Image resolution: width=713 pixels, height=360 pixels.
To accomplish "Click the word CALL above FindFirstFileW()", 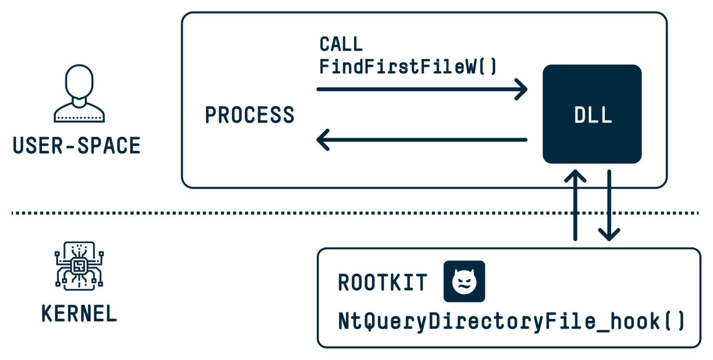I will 341,44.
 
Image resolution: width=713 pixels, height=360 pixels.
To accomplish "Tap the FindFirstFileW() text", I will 408,67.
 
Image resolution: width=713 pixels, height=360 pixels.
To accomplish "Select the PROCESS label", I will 250,115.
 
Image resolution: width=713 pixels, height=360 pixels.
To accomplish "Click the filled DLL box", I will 592,114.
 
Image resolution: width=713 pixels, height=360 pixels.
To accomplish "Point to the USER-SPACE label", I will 77,146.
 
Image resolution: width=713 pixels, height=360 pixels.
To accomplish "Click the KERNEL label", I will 79,314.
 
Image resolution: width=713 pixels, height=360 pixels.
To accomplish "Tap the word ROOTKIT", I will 382,283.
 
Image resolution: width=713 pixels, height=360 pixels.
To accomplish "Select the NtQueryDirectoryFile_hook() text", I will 510,321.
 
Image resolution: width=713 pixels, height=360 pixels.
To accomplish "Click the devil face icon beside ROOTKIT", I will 464,282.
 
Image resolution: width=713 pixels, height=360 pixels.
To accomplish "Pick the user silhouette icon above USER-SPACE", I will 79,93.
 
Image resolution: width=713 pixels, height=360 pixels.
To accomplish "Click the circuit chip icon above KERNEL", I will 79,266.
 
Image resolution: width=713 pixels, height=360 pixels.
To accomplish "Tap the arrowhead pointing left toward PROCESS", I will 322,140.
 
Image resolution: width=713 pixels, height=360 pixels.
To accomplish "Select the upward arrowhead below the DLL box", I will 575,176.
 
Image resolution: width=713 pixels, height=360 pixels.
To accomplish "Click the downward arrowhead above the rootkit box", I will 609,235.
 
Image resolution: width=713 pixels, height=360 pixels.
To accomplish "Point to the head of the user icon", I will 79,81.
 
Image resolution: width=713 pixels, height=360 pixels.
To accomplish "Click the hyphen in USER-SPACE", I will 70,146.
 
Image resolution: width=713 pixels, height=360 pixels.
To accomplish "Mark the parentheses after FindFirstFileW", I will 488,67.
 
